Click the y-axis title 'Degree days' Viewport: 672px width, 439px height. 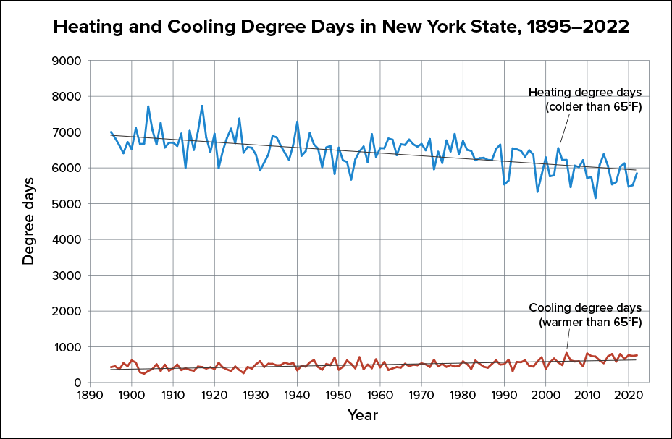point(28,220)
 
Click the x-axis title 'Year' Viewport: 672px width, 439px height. point(362,415)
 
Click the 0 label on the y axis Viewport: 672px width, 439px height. point(73,383)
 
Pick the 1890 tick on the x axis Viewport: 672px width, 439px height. point(89,396)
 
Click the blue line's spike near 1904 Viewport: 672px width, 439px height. point(148,106)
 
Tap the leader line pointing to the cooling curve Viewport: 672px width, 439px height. point(568,340)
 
